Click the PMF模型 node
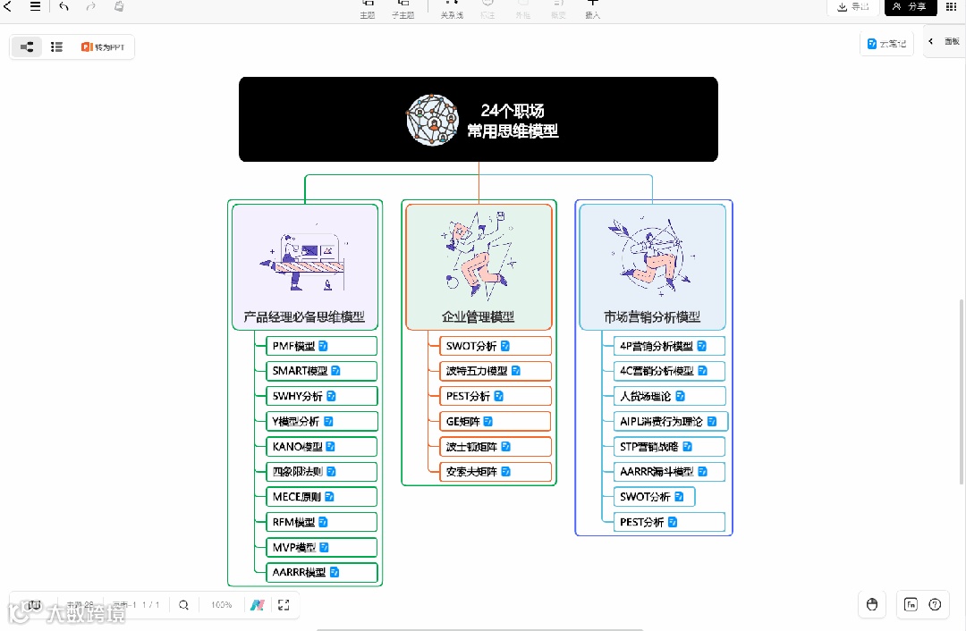(x=294, y=346)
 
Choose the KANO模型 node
(x=298, y=446)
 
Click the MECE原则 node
(x=297, y=497)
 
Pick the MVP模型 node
(x=294, y=547)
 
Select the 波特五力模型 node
(x=477, y=371)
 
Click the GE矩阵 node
(x=463, y=421)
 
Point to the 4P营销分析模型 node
(x=657, y=346)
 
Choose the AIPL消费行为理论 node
(x=662, y=421)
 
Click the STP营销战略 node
(x=649, y=446)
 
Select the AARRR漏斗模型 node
(x=657, y=471)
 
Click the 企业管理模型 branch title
(x=479, y=317)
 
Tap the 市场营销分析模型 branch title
(x=652, y=317)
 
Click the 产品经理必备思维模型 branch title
(x=304, y=317)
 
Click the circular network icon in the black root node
(x=432, y=120)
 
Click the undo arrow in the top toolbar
(x=64, y=7)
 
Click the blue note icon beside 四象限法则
(x=331, y=471)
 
